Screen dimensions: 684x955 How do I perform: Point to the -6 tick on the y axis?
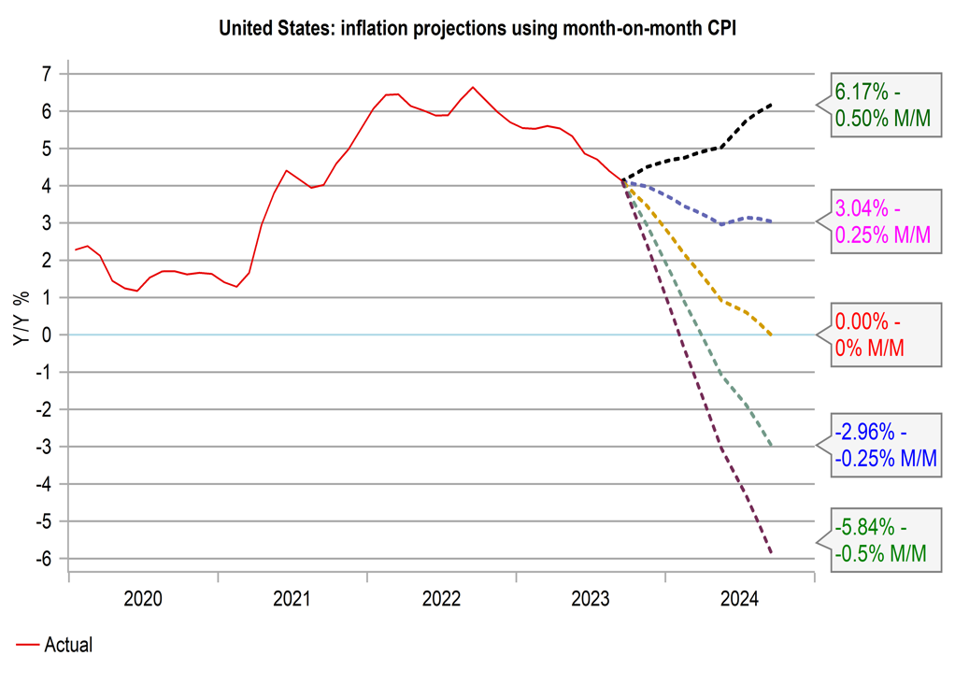coord(45,559)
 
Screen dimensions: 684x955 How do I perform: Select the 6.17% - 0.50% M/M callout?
coord(882,106)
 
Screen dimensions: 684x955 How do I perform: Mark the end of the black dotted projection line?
coord(771,105)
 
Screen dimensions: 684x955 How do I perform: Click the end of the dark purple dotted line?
coord(771,552)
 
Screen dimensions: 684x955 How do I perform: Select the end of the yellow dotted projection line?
coord(771,335)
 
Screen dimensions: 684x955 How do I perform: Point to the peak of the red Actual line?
coord(473,87)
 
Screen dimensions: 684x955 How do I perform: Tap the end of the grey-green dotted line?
coord(771,445)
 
